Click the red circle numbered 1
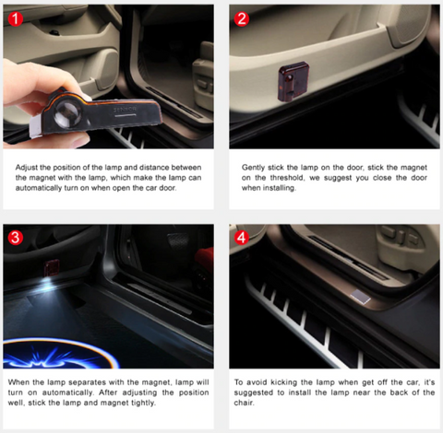[16, 18]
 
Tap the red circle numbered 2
[242, 18]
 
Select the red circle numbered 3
[16, 238]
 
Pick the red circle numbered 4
[242, 238]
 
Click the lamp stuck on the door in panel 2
[293, 82]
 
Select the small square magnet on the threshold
[361, 297]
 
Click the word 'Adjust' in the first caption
[27, 168]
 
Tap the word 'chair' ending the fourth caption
[244, 403]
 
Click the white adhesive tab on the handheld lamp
[35, 126]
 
